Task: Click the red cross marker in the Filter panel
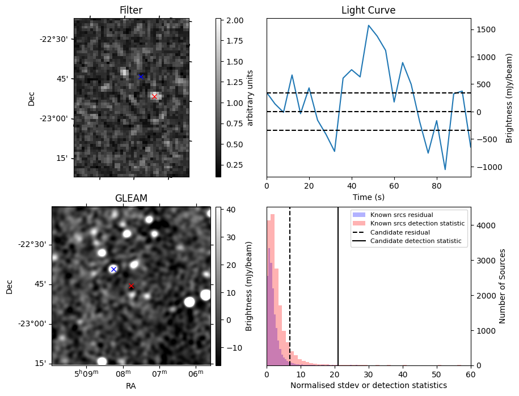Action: tap(154, 97)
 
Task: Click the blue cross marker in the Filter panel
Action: tap(141, 76)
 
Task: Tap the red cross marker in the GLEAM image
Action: tap(131, 286)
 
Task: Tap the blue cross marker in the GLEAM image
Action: tap(113, 269)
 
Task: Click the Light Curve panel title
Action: tap(368, 10)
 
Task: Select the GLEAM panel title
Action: tap(131, 198)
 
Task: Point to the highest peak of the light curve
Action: tap(369, 25)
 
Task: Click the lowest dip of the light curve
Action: tap(445, 169)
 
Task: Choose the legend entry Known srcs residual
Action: tap(402, 215)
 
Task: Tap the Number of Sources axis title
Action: tap(503, 286)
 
